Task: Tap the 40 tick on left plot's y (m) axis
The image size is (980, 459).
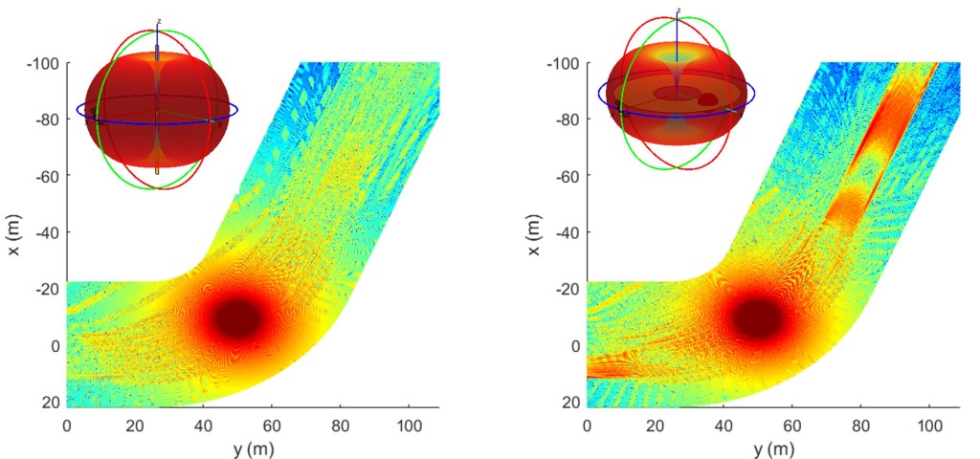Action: pyautogui.click(x=204, y=423)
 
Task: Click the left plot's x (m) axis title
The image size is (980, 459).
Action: pyautogui.click(x=12, y=232)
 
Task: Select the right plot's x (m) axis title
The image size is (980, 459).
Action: pyautogui.click(x=532, y=232)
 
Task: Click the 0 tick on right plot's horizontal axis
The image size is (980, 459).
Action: pyautogui.click(x=587, y=423)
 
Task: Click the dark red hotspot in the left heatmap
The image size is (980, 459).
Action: pyautogui.click(x=237, y=317)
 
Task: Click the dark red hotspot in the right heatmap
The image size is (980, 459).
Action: pyautogui.click(x=758, y=317)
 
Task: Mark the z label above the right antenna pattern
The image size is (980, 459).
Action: pyautogui.click(x=679, y=11)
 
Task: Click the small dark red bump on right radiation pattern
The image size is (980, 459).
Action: pyautogui.click(x=708, y=98)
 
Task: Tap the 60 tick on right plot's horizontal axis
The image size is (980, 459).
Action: pyautogui.click(x=791, y=423)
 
